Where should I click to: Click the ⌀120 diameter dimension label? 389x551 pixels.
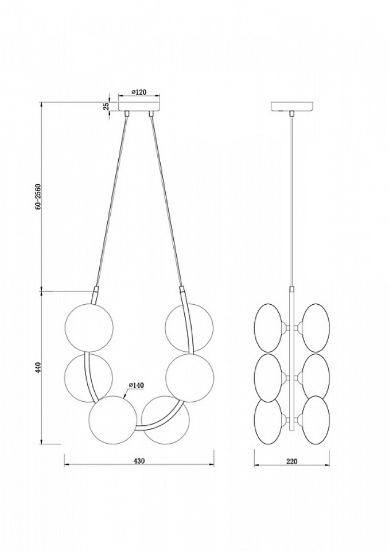point(139,92)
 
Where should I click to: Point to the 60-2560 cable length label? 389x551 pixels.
point(38,196)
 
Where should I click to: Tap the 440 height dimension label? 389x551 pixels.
point(38,367)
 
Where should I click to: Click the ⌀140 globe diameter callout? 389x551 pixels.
point(137,385)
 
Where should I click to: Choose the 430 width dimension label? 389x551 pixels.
point(139,461)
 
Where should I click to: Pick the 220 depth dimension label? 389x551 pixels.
point(291,461)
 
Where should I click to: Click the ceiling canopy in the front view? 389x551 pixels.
point(139,107)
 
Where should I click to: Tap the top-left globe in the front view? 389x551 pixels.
point(90,328)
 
